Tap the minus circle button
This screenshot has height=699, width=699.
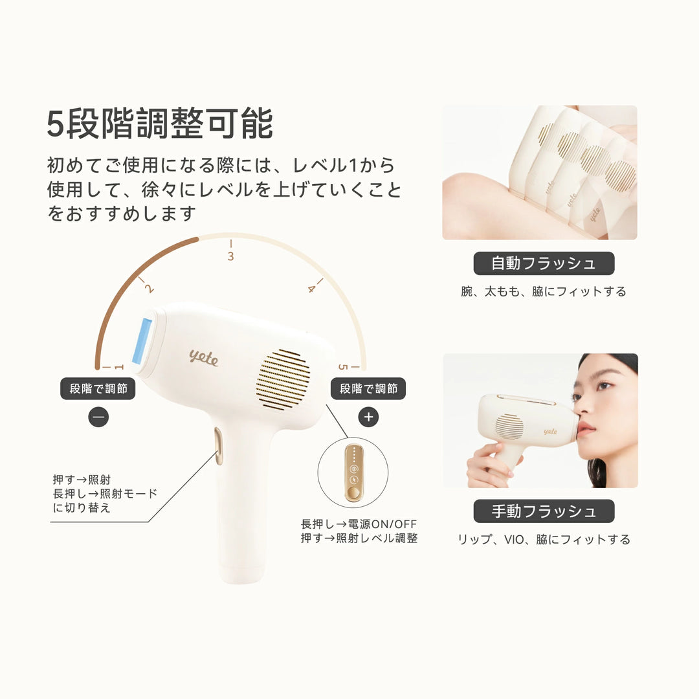coord(98,417)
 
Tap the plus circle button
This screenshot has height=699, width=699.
coord(369,417)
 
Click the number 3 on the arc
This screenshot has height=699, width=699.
coord(230,256)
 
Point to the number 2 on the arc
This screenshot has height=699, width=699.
coord(150,289)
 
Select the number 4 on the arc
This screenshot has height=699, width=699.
coord(311,289)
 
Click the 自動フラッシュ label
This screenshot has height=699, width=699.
coord(544,263)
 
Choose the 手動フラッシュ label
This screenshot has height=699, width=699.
coord(544,511)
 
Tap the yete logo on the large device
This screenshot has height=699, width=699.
coord(203,357)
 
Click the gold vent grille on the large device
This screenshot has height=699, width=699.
coord(283,380)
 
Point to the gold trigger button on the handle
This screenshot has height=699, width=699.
coord(219,447)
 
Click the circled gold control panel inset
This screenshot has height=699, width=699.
coord(353,472)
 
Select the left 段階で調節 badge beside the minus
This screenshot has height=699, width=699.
coord(98,388)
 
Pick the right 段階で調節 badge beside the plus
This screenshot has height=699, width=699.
coord(368,388)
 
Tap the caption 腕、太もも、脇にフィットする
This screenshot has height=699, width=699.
coord(544,292)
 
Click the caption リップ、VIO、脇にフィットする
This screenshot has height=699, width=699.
coord(544,540)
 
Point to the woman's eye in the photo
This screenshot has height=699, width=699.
coord(603,386)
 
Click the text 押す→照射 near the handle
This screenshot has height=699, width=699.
coord(82,480)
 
